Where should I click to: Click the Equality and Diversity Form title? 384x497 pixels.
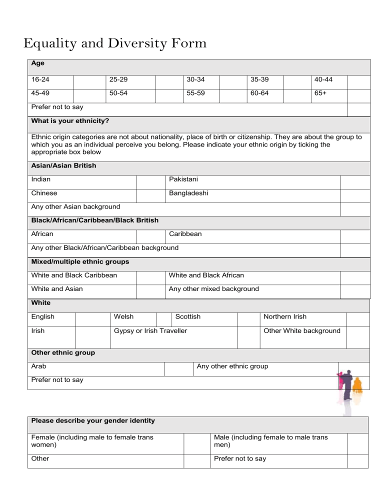point(115,43)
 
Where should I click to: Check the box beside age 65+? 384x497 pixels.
point(358,93)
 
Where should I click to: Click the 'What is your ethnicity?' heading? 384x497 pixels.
point(70,121)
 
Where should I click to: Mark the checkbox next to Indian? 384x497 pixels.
point(150,179)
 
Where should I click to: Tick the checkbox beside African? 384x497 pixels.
point(150,234)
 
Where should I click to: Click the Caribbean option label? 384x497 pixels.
point(185,234)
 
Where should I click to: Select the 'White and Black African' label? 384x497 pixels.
point(206,275)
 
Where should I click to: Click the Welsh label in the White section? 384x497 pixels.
point(123,317)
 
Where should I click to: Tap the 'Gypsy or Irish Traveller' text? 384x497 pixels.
point(150,331)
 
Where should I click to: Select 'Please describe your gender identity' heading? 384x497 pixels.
point(93,420)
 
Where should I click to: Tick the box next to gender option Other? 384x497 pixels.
point(195,459)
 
